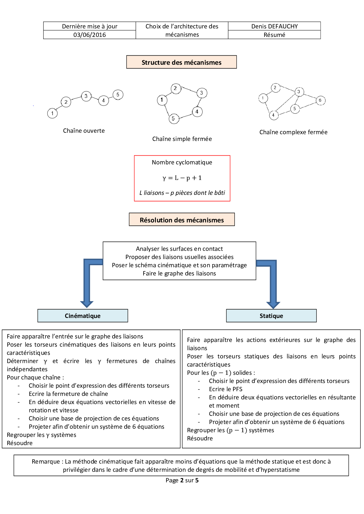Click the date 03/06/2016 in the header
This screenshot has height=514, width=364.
coord(90,35)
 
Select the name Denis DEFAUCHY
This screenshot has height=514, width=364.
coord(274,26)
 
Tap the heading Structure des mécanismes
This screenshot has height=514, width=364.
coord(181,62)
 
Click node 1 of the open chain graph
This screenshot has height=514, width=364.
coord(52,113)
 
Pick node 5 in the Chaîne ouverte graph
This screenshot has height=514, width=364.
coord(118,95)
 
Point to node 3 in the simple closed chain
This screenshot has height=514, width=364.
coord(201,93)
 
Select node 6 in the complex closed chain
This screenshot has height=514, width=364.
coord(320,100)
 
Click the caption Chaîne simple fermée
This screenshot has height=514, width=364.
coord(182,139)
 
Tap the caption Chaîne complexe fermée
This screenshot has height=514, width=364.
coord(293,132)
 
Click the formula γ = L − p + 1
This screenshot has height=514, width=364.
coord(182,178)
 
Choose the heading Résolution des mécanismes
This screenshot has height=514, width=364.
coord(182,220)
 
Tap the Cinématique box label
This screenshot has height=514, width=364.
coord(82,316)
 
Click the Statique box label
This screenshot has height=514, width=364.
coord(271,316)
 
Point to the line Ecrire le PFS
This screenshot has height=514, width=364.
coord(225,389)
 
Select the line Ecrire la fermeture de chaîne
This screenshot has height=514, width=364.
coord(68,394)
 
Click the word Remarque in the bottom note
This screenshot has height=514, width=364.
coord(46,462)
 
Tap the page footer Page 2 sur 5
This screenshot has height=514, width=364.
coord(182,480)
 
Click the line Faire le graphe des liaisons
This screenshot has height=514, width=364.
coord(179,273)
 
